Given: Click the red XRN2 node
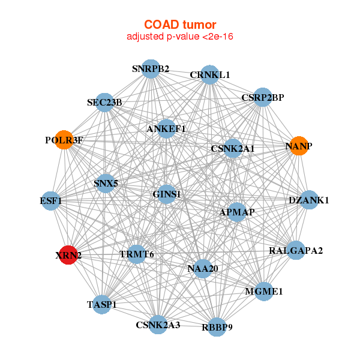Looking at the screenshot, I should click(x=69, y=255).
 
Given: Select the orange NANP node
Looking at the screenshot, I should click(x=298, y=146).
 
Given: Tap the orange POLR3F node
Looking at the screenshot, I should click(x=64, y=140).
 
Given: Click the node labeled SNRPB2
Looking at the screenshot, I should click(x=151, y=69).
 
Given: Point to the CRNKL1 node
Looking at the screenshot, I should click(x=209, y=74).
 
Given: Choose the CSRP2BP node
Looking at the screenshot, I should click(x=262, y=97).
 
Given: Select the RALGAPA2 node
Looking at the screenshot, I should click(x=296, y=250).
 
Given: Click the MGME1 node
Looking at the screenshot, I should click(x=263, y=292).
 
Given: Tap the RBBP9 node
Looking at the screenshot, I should click(x=217, y=326).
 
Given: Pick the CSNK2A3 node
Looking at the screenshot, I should click(x=158, y=325).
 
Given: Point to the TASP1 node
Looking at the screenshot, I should click(x=102, y=304).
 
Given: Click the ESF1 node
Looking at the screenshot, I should click(x=52, y=200).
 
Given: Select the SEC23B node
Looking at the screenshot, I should click(x=104, y=103).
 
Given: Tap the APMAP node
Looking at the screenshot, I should click(x=237, y=212).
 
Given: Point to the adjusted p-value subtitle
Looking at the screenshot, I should click(x=180, y=37).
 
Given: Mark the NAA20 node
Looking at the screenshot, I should click(x=203, y=268).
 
